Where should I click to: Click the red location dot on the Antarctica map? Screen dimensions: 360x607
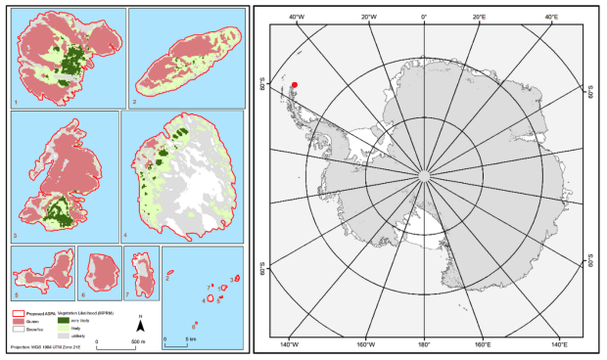(294, 85)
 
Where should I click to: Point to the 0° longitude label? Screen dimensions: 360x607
(424, 17)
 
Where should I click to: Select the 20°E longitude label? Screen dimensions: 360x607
(481, 17)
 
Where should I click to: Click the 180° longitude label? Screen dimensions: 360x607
(424, 344)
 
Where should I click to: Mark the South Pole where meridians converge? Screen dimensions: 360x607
(424, 176)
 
